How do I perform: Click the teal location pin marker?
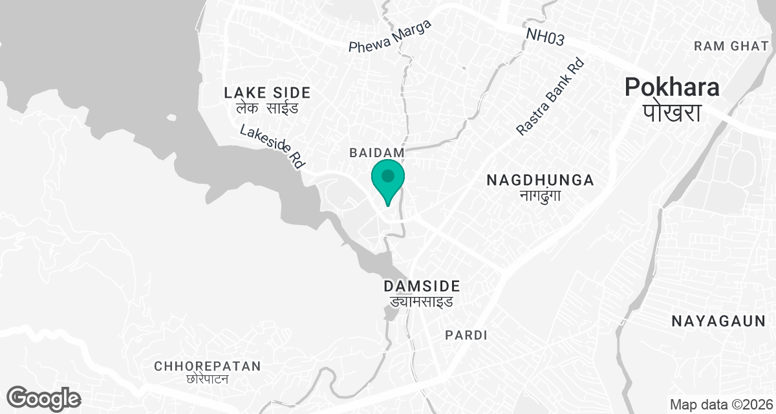387,180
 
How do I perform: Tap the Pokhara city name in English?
672,87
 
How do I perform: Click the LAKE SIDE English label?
266,93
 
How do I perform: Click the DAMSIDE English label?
421,286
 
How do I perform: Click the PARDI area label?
466,335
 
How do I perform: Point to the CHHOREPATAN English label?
207,366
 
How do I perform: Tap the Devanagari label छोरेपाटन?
207,379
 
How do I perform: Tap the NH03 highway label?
545,37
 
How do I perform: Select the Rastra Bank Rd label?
550,97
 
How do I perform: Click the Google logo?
43,398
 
